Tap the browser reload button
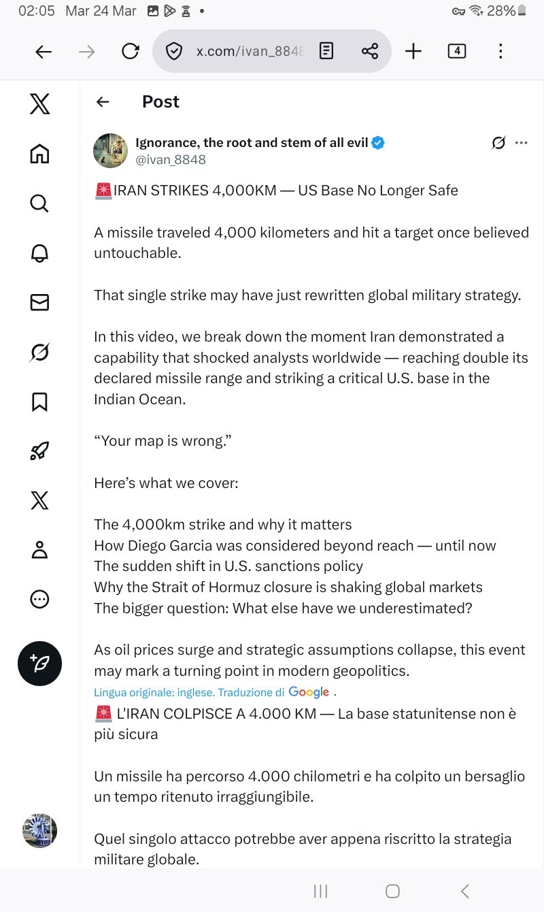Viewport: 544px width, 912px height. [x=130, y=51]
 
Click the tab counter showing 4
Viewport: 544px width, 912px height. [x=457, y=51]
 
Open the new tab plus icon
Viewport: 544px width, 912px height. [x=413, y=51]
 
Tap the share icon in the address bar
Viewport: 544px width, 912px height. [x=370, y=51]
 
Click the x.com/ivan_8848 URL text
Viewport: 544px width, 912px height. [x=250, y=51]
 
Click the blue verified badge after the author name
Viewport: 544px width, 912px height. [x=378, y=143]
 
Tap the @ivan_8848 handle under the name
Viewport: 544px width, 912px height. [x=171, y=160]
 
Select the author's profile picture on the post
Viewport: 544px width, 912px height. [x=110, y=150]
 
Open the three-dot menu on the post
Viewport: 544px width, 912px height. [x=522, y=143]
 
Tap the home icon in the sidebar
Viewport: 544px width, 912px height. [x=39, y=154]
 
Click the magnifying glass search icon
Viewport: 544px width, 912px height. [x=39, y=203]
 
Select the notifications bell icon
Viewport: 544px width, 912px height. [x=39, y=253]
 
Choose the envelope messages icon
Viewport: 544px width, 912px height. [x=39, y=303]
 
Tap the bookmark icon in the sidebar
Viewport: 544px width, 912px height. [x=39, y=402]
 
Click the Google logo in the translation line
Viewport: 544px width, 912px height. [x=309, y=692]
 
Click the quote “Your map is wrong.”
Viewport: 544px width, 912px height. [x=163, y=441]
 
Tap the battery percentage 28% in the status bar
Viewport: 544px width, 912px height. [x=501, y=11]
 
